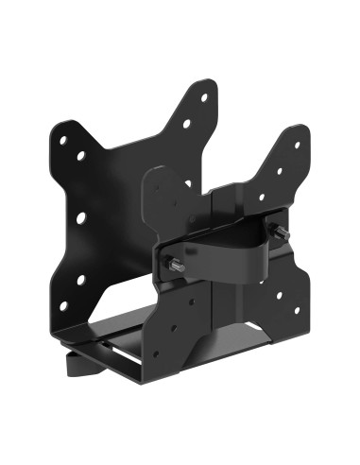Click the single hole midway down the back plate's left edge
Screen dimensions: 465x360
(81, 217)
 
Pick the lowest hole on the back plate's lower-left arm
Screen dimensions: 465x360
(64, 304)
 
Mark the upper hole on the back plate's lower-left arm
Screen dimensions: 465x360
(80, 280)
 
